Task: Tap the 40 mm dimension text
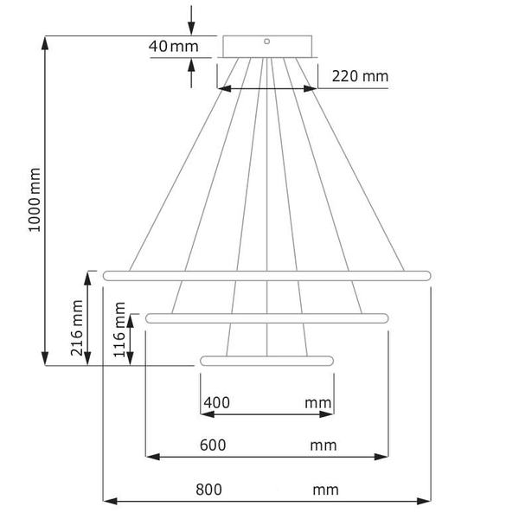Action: (x=173, y=46)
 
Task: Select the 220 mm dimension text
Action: (x=360, y=77)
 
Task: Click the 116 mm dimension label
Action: (x=120, y=332)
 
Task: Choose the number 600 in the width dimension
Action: (x=213, y=445)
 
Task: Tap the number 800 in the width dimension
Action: (x=209, y=490)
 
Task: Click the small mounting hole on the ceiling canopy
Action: (x=267, y=40)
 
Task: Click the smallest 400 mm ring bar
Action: (x=266, y=360)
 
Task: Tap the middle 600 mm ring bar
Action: (x=266, y=318)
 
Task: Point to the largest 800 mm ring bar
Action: (x=266, y=275)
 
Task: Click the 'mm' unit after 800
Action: (x=325, y=490)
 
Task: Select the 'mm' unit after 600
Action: (x=324, y=445)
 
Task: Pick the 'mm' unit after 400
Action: (x=318, y=403)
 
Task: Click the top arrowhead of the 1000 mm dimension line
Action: (x=46, y=42)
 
